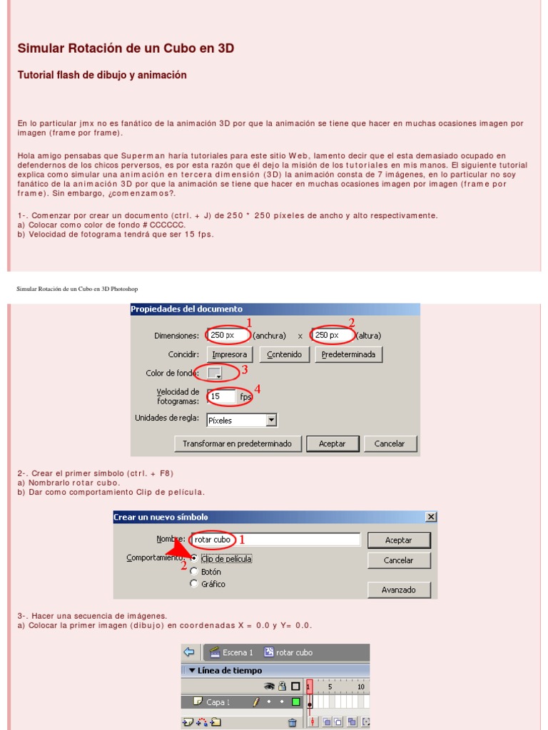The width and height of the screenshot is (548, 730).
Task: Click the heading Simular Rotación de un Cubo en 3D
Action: pos(126,48)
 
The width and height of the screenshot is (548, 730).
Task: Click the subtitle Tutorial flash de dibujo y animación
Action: pos(102,75)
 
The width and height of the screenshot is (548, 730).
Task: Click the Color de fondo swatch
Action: pos(215,373)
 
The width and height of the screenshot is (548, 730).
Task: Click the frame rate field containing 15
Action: pos(222,396)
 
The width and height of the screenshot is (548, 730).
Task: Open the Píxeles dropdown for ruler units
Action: pos(270,421)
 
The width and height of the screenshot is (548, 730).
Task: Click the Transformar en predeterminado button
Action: pos(237,443)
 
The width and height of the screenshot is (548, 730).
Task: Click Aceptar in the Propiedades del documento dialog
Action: pos(332,443)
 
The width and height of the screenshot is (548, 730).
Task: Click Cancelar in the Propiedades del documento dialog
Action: pos(389,443)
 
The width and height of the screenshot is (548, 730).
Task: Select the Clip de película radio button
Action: pos(194,559)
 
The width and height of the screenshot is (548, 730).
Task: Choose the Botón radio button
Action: pos(194,572)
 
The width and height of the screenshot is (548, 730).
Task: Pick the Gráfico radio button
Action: pos(194,584)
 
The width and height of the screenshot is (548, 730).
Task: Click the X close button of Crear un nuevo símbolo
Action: pos(430,517)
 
